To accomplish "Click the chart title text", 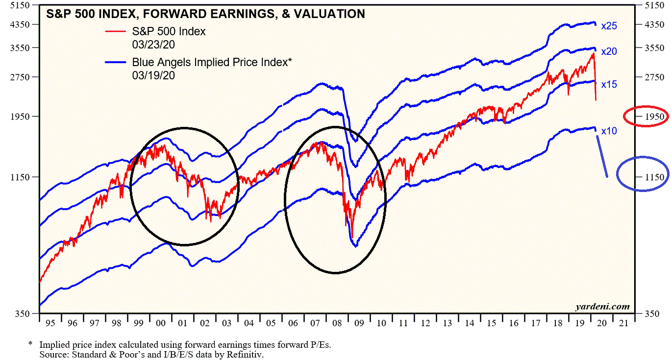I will point(205,14).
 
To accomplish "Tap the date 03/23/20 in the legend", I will point(153,45).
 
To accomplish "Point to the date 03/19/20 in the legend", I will point(153,75).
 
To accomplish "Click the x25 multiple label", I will point(609,26).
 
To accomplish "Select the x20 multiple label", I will point(609,51).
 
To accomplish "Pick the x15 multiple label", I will point(609,84).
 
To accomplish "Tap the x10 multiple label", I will point(609,131).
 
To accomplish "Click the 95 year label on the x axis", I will point(50,323).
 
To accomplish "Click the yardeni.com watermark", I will point(602,307).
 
